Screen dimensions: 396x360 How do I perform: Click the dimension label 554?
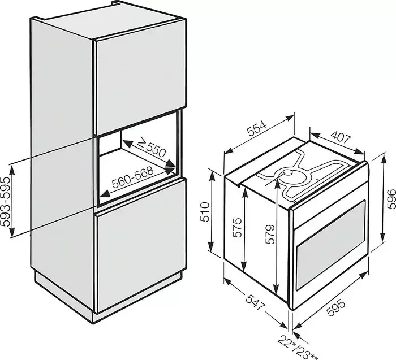[x=256, y=129]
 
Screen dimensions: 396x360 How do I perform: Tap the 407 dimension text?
[x=341, y=138]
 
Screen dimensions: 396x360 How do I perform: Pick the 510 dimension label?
[x=205, y=211]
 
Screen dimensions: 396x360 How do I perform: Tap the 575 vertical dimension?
[x=237, y=227]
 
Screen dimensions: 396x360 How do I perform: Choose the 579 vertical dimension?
[x=270, y=234]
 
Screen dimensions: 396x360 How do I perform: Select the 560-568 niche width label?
[x=133, y=177]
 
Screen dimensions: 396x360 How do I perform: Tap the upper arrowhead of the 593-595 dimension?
[x=12, y=169]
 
